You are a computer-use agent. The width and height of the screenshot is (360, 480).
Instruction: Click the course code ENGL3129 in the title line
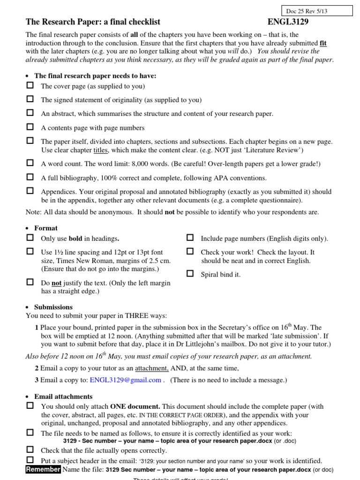(x=288, y=22)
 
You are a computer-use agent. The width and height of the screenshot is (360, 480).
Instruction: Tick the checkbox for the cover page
(x=30, y=86)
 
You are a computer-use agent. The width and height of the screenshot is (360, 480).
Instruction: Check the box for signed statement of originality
(x=30, y=99)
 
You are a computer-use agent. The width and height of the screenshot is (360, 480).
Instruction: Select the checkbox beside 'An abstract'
(x=30, y=113)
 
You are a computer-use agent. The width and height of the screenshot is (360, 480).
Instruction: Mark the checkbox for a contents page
(x=30, y=127)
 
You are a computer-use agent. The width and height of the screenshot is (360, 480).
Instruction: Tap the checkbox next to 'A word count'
(x=30, y=163)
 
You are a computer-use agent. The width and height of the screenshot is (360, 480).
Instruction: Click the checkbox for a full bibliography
(x=30, y=177)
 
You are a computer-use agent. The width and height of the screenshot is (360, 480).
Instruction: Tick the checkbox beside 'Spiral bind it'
(x=190, y=274)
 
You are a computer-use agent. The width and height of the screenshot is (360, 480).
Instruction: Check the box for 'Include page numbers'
(x=190, y=238)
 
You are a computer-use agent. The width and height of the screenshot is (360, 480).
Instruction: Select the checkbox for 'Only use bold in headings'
(x=30, y=238)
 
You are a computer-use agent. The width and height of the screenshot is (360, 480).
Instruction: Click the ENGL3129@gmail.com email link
(x=125, y=380)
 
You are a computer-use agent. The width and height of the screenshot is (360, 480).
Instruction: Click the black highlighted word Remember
(x=43, y=470)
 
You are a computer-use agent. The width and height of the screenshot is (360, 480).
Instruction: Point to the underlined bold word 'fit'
(x=322, y=43)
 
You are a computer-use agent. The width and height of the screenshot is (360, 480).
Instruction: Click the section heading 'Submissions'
(x=53, y=307)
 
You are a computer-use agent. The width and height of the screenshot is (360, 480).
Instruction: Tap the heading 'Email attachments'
(x=63, y=397)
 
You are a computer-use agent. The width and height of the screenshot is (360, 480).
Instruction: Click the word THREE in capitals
(x=137, y=316)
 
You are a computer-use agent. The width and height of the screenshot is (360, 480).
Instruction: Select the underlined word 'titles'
(x=101, y=150)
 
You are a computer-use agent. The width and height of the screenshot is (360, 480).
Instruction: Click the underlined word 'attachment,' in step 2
(x=152, y=368)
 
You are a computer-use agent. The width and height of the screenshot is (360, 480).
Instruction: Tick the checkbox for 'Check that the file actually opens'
(x=30, y=450)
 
